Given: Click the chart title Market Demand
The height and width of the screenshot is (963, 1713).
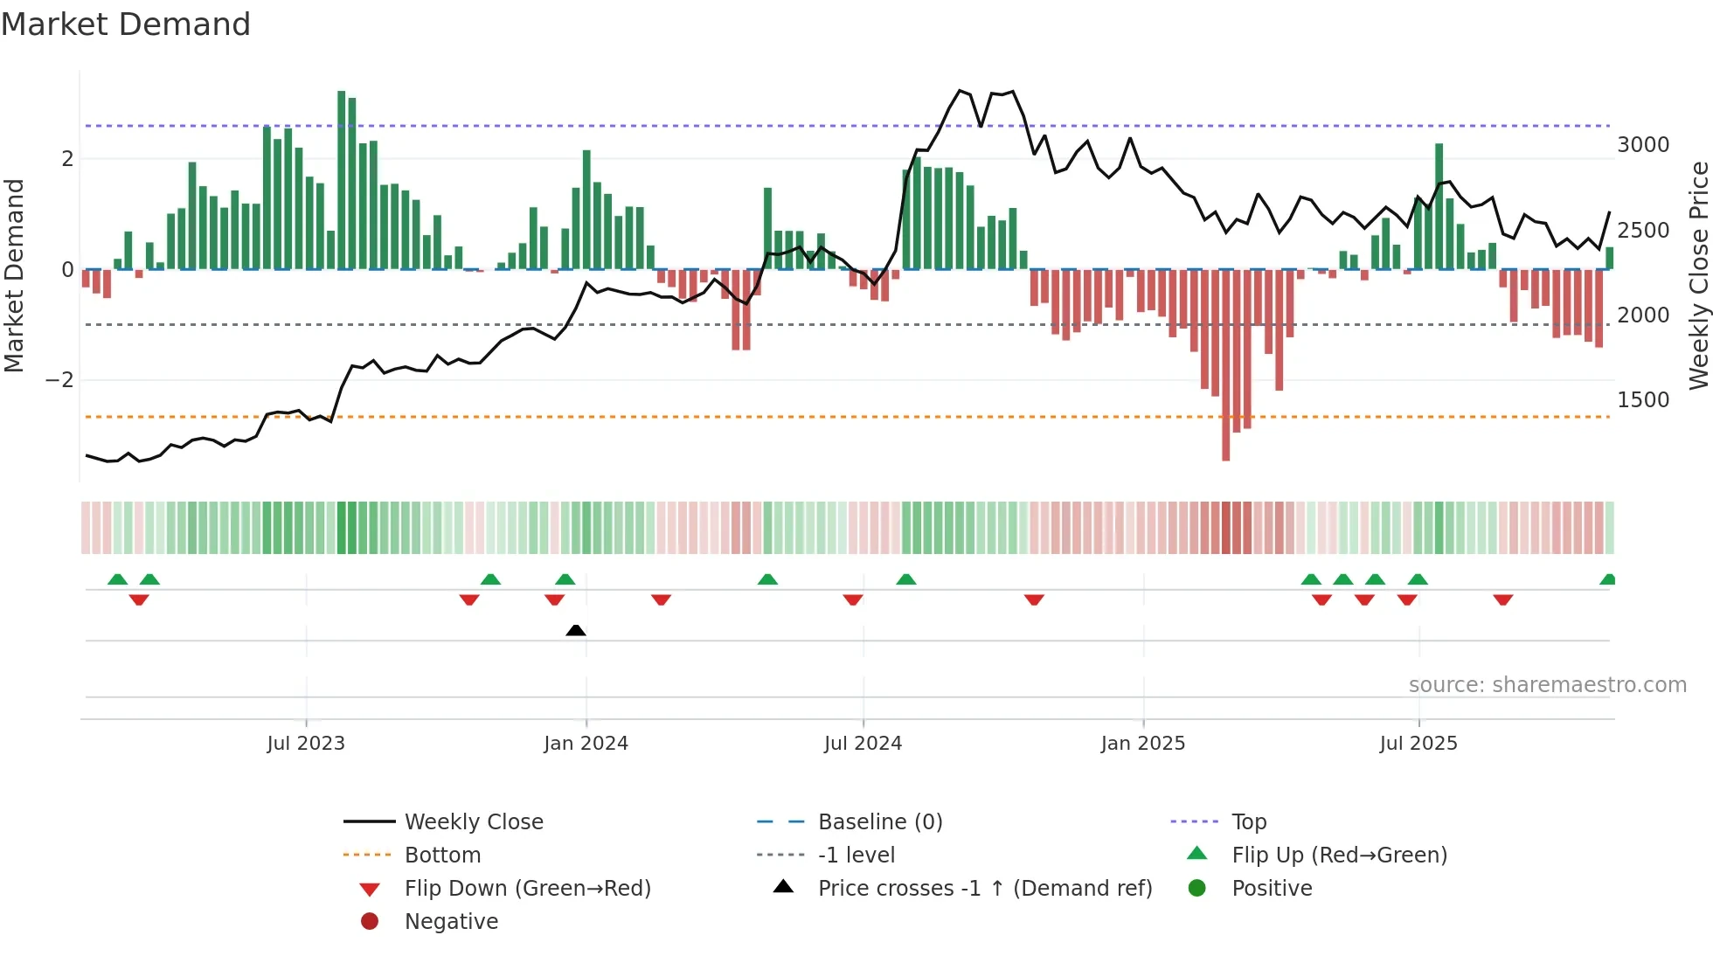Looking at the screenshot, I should coord(126,24).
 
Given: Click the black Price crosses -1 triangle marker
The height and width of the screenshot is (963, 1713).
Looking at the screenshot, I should coord(575,630).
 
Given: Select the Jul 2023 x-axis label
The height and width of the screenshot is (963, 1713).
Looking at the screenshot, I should coord(306,744).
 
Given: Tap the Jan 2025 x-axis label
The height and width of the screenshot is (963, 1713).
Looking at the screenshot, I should coord(1142,744).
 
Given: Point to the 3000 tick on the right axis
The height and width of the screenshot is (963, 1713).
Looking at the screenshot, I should coord(1642,145).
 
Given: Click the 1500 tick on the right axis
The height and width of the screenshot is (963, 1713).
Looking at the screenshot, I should coord(1642,400).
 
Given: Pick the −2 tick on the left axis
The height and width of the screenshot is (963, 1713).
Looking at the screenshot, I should coord(59,380).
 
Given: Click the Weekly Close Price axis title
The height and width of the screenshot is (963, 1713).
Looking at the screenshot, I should coord(1698,275).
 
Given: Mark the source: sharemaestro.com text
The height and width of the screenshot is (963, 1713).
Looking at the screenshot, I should coord(1547,685).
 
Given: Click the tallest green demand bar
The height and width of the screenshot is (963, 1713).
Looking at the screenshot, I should coord(342,179).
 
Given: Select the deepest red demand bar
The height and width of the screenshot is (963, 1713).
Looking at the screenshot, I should coord(1225,365).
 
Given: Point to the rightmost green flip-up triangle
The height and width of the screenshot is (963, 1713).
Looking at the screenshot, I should coord(1608,579).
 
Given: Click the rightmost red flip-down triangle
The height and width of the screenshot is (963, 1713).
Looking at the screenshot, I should coord(1502,599).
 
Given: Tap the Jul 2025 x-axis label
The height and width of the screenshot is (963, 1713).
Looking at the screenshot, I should coord(1418,744).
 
